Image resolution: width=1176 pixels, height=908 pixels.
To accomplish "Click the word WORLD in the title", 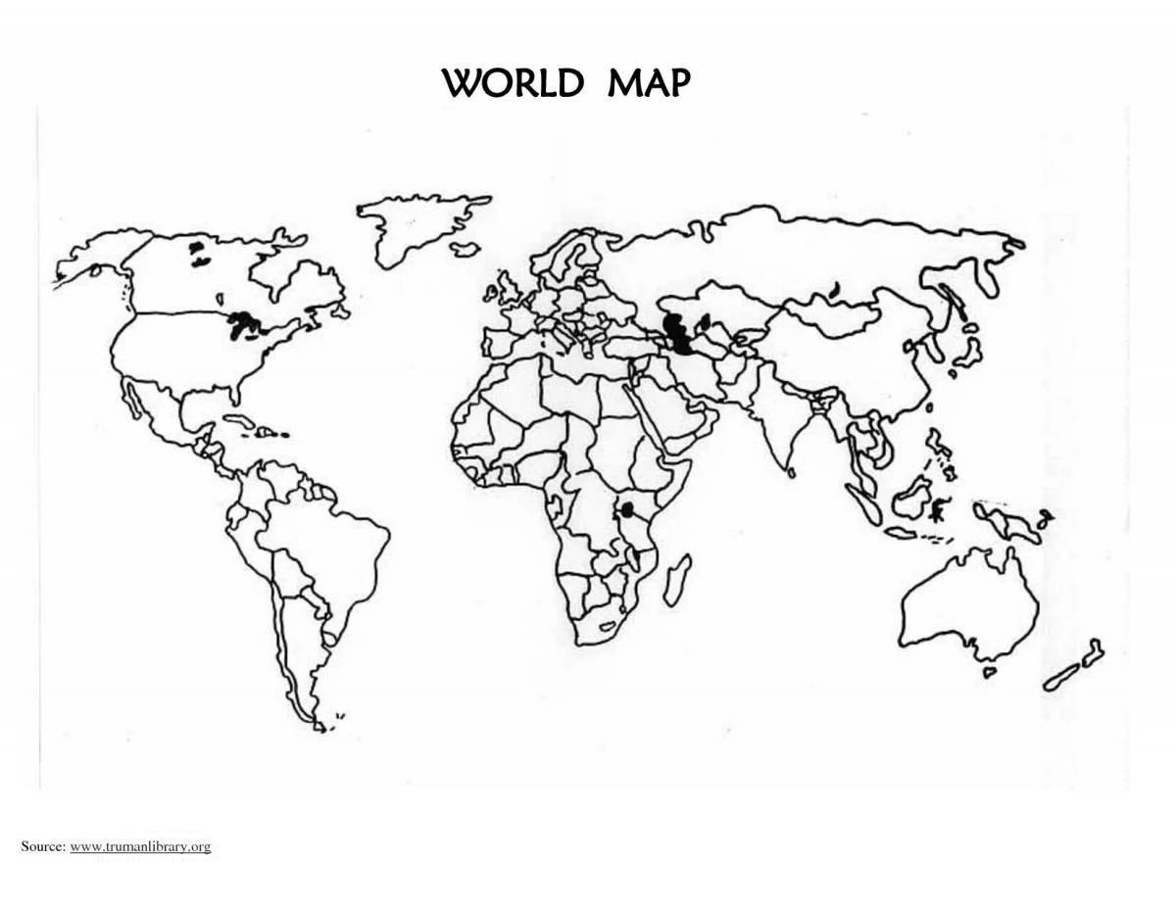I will click(x=513, y=83).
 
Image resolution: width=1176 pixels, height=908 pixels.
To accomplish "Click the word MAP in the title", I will click(x=648, y=83).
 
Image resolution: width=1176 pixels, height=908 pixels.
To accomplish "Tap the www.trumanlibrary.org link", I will click(x=141, y=845).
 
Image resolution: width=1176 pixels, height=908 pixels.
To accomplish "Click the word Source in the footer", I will click(x=43, y=845).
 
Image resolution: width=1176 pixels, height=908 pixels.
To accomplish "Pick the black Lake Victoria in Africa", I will click(x=625, y=511).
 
